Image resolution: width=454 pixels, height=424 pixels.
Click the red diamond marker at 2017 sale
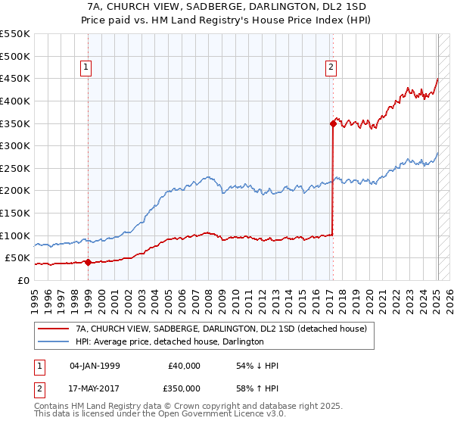[x=333, y=123]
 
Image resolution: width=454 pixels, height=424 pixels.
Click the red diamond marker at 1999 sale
[x=88, y=263]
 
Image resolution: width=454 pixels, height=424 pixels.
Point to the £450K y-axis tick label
[x=15, y=78]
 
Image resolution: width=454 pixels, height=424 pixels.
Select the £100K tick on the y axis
[x=15, y=235]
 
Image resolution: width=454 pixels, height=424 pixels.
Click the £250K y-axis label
[x=15, y=168]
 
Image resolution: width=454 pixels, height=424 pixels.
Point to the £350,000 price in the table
[x=185, y=388]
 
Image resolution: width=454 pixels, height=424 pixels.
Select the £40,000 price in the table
[x=185, y=366]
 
